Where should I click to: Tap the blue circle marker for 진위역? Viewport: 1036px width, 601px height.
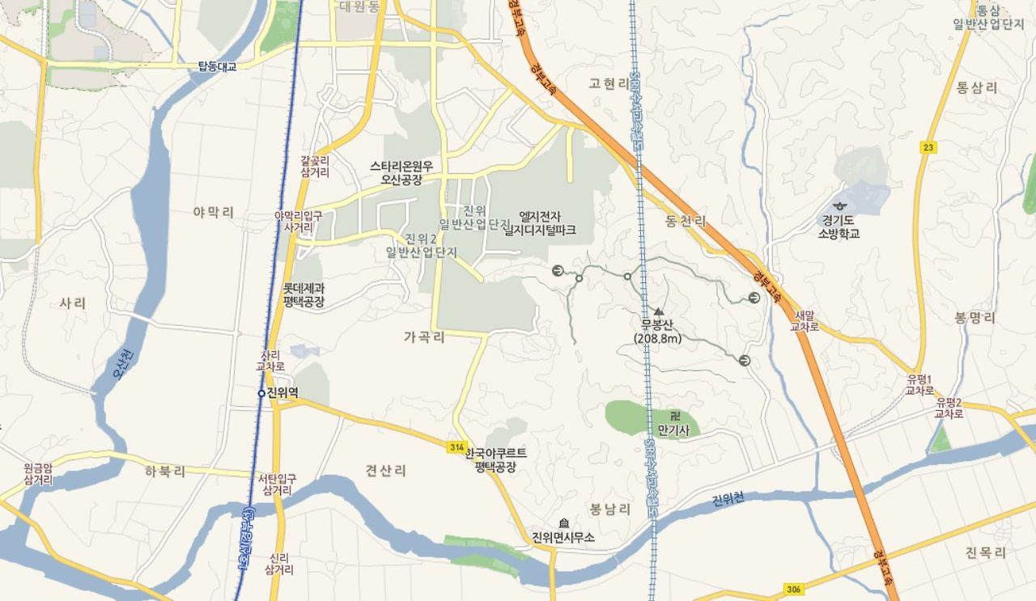261,393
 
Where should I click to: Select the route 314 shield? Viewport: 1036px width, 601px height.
456,447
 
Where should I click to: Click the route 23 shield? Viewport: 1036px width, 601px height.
927,147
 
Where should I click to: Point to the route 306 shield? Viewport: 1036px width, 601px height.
794,589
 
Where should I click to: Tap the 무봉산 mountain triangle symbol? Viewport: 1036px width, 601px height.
658,311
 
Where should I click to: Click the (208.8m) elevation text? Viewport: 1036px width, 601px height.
658,338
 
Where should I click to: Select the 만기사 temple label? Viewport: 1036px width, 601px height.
673,430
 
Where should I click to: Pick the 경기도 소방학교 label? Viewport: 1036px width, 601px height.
839,226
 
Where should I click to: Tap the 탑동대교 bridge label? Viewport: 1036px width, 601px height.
217,66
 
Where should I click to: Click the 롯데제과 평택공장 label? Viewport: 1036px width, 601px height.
304,294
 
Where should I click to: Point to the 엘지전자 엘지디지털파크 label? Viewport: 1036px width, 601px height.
540,222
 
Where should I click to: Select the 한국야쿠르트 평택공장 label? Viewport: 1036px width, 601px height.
495,459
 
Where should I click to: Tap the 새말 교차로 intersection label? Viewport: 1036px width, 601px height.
806,321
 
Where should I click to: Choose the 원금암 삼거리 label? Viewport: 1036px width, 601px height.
38,473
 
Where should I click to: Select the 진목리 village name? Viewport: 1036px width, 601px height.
985,552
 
